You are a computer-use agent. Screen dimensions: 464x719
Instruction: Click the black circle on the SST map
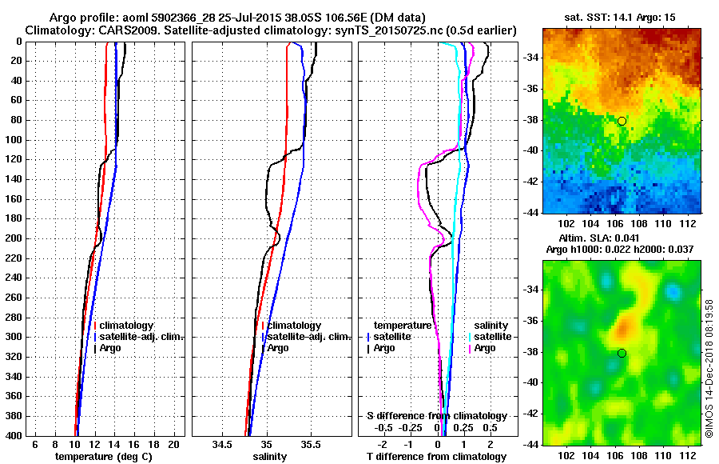[622, 121]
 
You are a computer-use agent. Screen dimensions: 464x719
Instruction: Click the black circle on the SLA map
[622, 353]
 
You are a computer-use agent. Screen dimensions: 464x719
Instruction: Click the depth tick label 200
[14, 238]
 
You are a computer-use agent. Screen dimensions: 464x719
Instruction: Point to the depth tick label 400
[14, 435]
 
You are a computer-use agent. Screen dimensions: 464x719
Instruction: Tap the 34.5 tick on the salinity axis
[223, 444]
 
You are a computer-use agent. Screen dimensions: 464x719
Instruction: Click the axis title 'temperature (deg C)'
[104, 457]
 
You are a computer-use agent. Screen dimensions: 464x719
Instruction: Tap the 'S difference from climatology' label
[436, 416]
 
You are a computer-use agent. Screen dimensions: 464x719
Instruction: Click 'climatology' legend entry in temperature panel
[129, 326]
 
